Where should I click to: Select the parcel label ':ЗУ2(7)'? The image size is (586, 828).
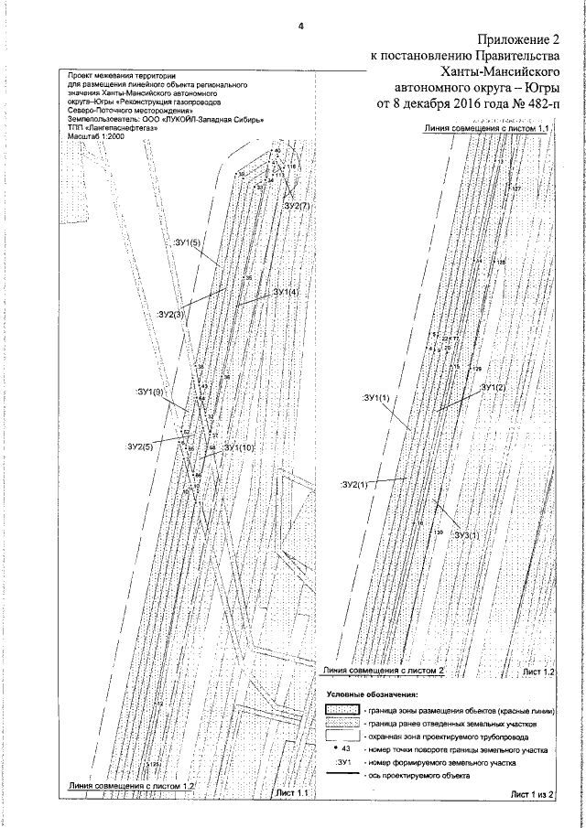pos(297,209)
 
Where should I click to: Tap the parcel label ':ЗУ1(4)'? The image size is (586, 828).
pos(286,293)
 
